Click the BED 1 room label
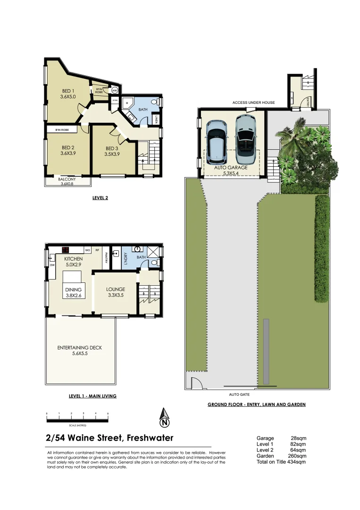pos(68,91)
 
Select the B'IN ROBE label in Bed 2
pos(62,129)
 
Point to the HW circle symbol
pos(114,90)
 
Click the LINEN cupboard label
pos(156,120)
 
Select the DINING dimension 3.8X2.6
pos(74,296)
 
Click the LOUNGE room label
pos(116,289)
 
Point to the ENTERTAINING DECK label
pos(80,348)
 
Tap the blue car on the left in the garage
pos(217,140)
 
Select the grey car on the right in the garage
pos(245,136)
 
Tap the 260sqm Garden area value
pos(297,456)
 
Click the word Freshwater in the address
pos(150,438)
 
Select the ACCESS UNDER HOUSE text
pos(253,102)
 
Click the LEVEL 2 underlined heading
pos(100,198)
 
